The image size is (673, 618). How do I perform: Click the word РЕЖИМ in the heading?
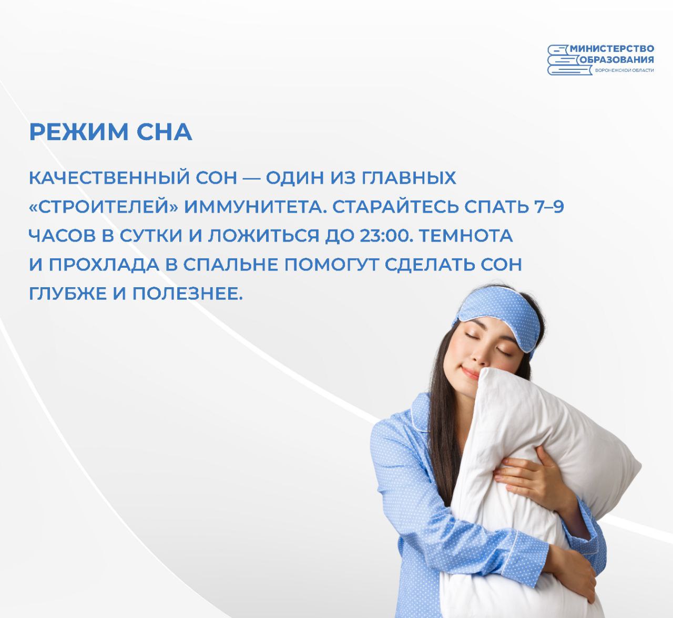[79, 132]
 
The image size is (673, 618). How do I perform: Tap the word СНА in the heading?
[165, 132]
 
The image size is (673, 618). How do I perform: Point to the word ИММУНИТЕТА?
[255, 207]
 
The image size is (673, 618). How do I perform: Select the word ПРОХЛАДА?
[104, 265]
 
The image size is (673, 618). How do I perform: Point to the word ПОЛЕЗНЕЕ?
[187, 294]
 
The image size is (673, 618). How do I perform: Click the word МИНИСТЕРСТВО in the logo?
[611, 49]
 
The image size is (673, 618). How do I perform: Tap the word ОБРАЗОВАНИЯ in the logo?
[617, 59]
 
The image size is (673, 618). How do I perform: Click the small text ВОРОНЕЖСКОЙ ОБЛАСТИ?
[624, 70]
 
